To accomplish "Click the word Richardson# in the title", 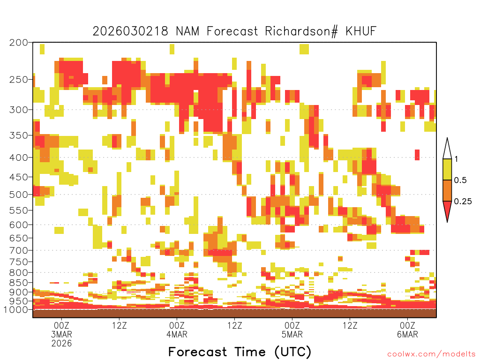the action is click(x=301, y=31).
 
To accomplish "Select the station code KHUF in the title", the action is click(x=361, y=31).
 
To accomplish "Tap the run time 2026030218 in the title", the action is click(x=130, y=31).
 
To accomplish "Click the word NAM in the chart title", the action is click(x=187, y=31).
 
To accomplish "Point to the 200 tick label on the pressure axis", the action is click(x=19, y=43).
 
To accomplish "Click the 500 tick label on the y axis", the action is click(x=19, y=195).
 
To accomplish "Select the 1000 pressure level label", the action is click(x=16, y=310).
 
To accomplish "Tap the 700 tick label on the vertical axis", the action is click(x=19, y=250).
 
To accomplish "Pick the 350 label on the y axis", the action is click(x=19, y=135).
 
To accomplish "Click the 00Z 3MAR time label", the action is click(x=61, y=330).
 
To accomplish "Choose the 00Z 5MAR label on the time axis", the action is click(x=292, y=330).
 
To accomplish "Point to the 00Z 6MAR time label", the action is click(x=407, y=330).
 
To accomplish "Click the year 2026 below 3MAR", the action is click(x=61, y=344).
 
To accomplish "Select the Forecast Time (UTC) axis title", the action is click(x=240, y=352).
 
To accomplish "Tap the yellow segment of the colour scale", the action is click(x=447, y=169).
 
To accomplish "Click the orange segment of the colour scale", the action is click(x=447, y=190).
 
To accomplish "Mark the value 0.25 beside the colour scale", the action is click(x=463, y=201).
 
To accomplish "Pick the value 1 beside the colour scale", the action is click(x=456, y=159).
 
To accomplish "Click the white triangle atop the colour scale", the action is click(x=447, y=150).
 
